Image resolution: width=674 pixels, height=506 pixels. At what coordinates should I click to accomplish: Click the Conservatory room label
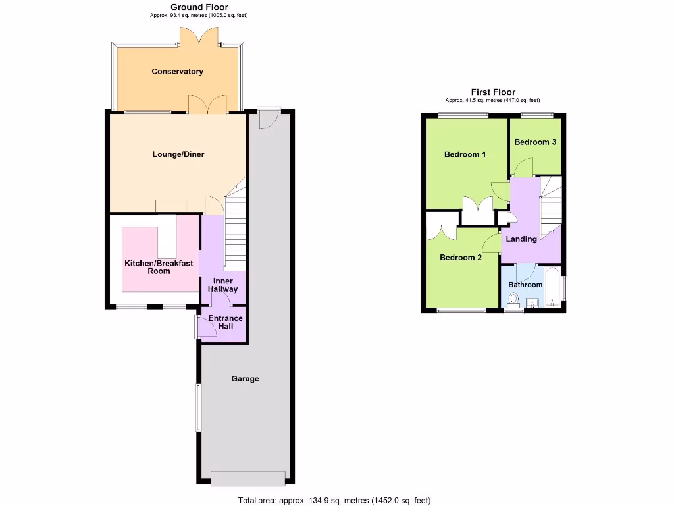[x=177, y=72]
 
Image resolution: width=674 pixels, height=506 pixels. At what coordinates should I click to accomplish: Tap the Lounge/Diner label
[x=178, y=155]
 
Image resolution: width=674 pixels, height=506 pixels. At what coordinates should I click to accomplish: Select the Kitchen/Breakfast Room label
[x=159, y=267]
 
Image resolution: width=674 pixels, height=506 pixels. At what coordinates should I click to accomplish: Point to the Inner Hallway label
[x=223, y=285]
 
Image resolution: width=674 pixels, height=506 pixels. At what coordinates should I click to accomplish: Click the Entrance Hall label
[x=225, y=322]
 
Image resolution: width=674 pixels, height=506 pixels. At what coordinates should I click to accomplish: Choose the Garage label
[x=245, y=379]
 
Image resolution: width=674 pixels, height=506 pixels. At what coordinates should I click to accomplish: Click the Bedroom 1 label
[x=465, y=155]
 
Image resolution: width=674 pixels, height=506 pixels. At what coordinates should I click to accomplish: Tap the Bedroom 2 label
[x=461, y=258]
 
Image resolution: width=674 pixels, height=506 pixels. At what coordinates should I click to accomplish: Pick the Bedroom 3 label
[x=535, y=142]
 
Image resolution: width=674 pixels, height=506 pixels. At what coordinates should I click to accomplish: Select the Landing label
[x=521, y=239]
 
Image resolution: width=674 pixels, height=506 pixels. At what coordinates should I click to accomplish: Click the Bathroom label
[x=525, y=285]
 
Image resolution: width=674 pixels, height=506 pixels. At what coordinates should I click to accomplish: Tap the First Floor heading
[x=493, y=92]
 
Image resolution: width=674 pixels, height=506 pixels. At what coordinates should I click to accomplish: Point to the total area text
[x=334, y=500]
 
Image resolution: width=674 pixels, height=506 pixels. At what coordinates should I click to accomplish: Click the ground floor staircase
[x=235, y=227]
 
